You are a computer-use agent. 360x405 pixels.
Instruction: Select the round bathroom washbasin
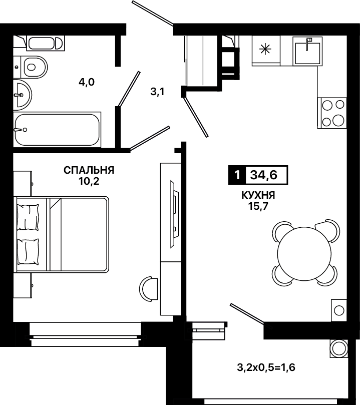coord(22,95)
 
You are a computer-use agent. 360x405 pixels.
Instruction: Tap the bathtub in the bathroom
coord(57,130)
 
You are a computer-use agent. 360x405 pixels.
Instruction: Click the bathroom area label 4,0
coord(87,83)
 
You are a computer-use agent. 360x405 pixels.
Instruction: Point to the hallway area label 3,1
coord(158,92)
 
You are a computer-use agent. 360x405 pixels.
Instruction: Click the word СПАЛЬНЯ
coord(89,170)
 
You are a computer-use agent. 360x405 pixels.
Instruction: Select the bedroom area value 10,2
coord(89,182)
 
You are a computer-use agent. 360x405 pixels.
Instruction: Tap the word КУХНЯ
coord(258,195)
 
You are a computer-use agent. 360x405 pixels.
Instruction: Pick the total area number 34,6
coord(264,175)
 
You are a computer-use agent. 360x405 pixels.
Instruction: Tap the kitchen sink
coord(307,51)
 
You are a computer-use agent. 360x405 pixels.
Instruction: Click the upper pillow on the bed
coord(28,217)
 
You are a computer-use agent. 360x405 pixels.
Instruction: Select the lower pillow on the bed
coord(28,251)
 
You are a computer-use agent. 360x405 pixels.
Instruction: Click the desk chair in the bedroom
coord(148,288)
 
